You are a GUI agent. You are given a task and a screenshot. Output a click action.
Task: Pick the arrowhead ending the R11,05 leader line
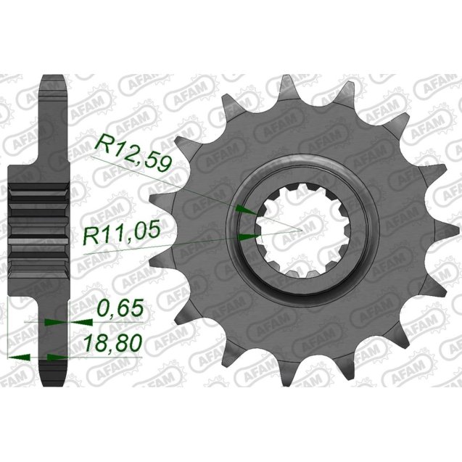(249, 236)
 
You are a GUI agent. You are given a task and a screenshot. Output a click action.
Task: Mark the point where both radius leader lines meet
(299, 231)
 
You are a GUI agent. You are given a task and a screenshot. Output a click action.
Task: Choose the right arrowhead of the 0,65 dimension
(53, 321)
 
